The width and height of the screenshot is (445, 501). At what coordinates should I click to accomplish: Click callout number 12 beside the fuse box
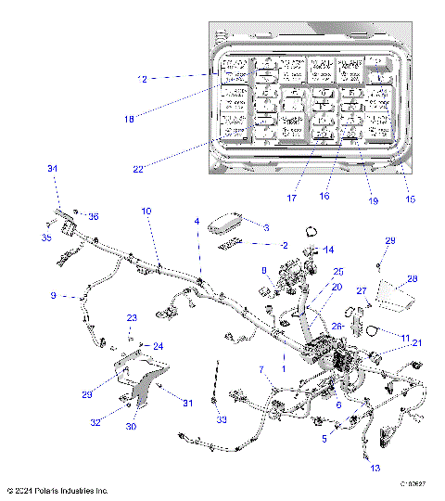coord(142,78)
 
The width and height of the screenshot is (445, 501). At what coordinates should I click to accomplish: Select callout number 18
coord(129,119)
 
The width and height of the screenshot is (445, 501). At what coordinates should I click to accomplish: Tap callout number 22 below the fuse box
coord(137,168)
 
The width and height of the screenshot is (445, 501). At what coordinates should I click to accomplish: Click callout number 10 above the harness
coord(146,212)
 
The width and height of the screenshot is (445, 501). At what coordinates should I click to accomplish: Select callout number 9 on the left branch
coord(53,296)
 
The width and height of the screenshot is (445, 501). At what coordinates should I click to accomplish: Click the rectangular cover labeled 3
coord(226,224)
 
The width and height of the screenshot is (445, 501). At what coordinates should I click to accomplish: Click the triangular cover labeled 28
coord(397,299)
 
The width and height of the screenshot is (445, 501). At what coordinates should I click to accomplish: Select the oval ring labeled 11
coord(370,331)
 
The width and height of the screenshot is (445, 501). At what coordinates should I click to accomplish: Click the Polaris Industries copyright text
coord(57,490)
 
